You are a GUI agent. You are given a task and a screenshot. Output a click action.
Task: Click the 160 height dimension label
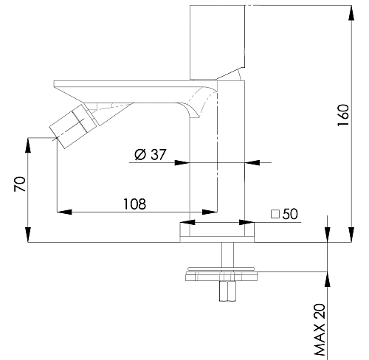coord(343,115)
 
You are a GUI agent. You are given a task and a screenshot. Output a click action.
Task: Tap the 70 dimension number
coord(20,184)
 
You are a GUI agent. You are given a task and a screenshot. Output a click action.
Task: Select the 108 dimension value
coord(134,204)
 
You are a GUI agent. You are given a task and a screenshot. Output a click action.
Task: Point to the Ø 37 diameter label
coord(151,154)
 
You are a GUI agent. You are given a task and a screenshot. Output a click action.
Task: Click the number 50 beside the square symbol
coord(290,214)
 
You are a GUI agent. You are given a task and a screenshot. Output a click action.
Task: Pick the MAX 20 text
coord(320,330)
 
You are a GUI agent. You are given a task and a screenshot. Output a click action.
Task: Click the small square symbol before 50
coord(275,214)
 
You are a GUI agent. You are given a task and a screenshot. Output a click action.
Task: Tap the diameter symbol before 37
coord(140,155)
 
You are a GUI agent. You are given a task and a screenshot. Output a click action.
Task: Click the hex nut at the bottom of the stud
coord(227,291)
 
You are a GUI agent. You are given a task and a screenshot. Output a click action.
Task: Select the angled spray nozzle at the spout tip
coord(73,126)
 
